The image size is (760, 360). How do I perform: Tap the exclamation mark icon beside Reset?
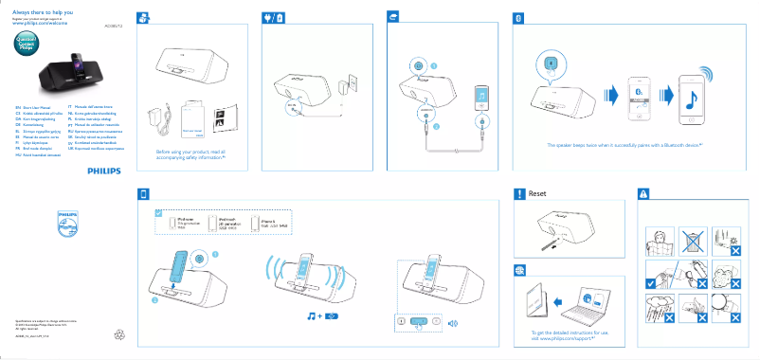[x=518, y=194]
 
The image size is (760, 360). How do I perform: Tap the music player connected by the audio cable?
[x=483, y=99]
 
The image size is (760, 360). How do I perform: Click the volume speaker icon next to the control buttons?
[x=453, y=323]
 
